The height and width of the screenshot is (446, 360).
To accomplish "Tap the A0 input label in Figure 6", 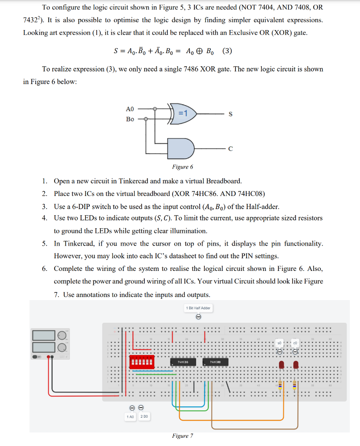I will click(130, 109).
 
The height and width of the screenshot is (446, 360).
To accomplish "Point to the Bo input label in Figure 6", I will click(130, 119).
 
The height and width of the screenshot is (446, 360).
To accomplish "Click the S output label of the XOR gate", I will click(230, 114).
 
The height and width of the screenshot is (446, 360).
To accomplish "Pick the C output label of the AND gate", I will click(230, 149).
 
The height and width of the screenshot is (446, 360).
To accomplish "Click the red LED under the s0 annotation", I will click(281, 364).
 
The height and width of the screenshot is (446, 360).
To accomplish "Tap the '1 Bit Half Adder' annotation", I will click(198, 308).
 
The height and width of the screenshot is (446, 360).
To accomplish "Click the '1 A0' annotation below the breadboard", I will click(130, 417).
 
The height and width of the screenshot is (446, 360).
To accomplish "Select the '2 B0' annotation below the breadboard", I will click(144, 417).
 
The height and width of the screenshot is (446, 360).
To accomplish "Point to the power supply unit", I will click(50, 342).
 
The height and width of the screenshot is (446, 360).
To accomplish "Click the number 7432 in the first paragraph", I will click(31, 20).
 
